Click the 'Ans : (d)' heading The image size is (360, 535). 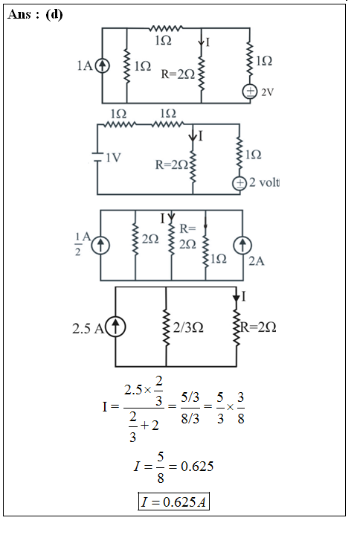[35, 14]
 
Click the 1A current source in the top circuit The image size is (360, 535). [103, 65]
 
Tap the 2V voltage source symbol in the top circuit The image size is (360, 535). [250, 92]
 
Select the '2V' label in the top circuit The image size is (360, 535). [268, 92]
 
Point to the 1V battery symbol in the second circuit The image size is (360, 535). [97, 157]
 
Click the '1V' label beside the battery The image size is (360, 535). [113, 158]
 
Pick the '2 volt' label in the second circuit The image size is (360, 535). [264, 182]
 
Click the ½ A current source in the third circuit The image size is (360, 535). [100, 246]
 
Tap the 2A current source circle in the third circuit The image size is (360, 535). [242, 246]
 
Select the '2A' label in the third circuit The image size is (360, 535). [257, 261]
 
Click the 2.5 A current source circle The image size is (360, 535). [115, 327]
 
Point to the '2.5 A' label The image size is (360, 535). [88, 329]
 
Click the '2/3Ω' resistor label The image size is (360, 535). [188, 327]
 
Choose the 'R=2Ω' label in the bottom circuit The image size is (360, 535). [258, 327]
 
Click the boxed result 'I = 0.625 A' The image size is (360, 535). [173, 502]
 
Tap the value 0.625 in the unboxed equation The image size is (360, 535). [197, 466]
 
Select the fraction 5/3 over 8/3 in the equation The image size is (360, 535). [190, 408]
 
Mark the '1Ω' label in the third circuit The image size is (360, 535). [218, 259]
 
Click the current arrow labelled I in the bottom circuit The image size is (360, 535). [237, 296]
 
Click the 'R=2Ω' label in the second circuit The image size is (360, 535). [172, 164]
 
